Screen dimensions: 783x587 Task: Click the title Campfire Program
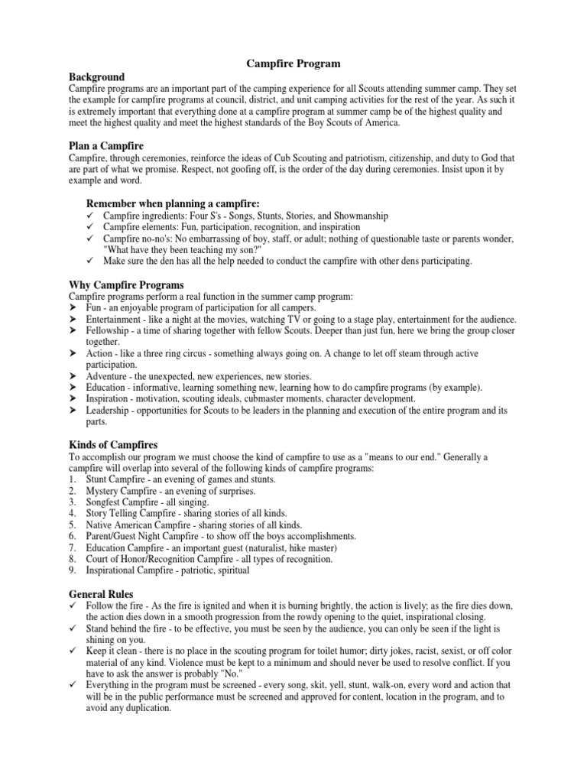tap(293, 64)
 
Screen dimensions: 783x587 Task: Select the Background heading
tap(96, 77)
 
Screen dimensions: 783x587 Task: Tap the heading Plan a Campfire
tap(106, 145)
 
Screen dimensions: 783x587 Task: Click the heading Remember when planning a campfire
tap(173, 203)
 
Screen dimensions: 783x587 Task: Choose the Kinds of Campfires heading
tap(114, 444)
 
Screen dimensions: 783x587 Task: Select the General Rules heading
tap(101, 593)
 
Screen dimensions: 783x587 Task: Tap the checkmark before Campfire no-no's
tap(89, 239)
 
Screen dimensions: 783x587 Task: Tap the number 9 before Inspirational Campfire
tap(72, 570)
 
